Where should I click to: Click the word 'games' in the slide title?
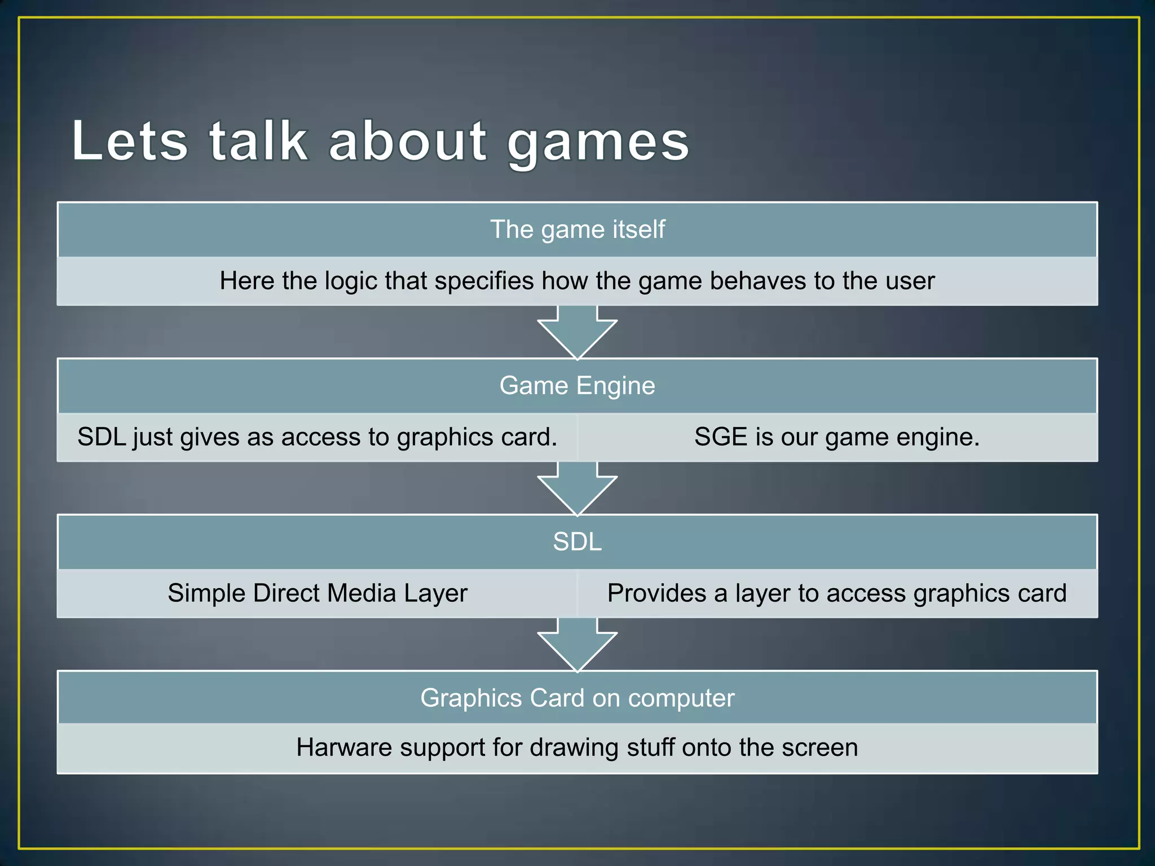click(598, 142)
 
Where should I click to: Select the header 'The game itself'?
click(577, 229)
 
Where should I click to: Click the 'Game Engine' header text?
click(577, 386)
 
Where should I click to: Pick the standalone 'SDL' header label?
click(577, 542)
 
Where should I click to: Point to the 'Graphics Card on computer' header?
click(577, 698)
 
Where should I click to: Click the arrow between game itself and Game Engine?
click(577, 333)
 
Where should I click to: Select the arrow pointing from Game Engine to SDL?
click(577, 489)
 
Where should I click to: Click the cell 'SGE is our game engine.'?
click(837, 438)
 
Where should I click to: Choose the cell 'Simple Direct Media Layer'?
click(318, 594)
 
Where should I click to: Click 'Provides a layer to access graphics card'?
click(837, 594)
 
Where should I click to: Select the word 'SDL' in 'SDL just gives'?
click(102, 438)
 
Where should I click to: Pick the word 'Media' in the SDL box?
click(362, 594)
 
